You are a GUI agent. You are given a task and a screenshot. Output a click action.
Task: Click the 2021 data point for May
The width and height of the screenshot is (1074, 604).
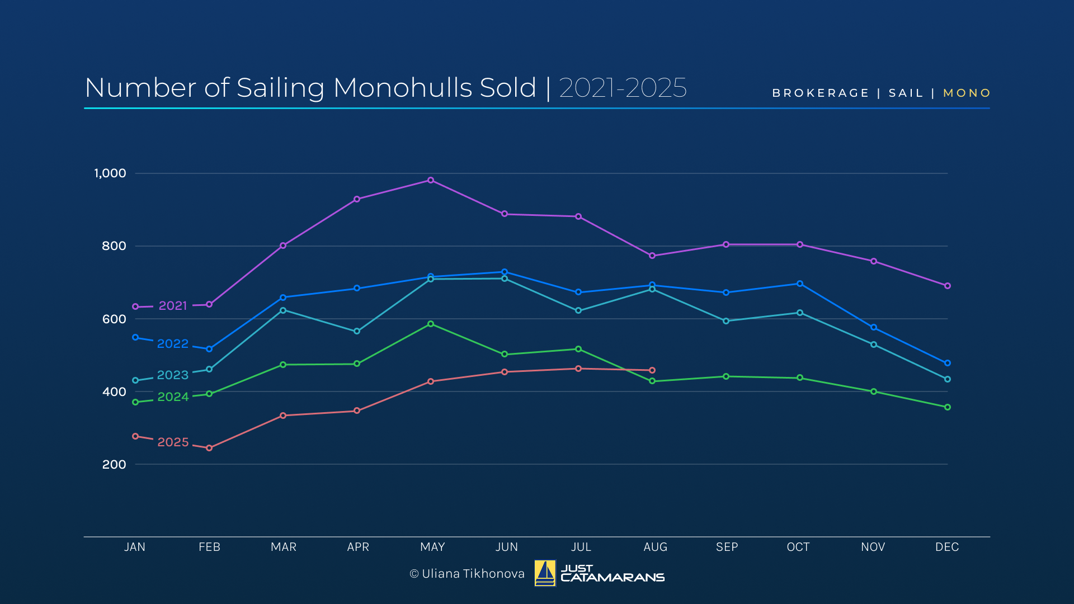pyautogui.click(x=431, y=180)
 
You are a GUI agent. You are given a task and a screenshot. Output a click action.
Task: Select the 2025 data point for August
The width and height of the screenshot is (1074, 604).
pyautogui.click(x=652, y=370)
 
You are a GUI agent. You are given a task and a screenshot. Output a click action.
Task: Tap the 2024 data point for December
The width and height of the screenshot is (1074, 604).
pyautogui.click(x=948, y=407)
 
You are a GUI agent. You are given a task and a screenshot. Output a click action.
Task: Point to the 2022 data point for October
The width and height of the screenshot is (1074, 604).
pyautogui.click(x=800, y=284)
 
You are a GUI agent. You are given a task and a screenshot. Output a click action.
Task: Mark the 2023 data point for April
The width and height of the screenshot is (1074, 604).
pyautogui.click(x=357, y=332)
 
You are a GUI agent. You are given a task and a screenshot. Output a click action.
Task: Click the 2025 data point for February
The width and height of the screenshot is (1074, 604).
pyautogui.click(x=209, y=448)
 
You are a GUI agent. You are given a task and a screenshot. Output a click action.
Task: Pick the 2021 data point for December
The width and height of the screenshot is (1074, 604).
pyautogui.click(x=948, y=286)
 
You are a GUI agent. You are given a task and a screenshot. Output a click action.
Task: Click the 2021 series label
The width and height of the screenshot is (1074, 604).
pyautogui.click(x=173, y=306)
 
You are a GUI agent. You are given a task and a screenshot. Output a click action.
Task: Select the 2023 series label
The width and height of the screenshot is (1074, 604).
pyautogui.click(x=173, y=375)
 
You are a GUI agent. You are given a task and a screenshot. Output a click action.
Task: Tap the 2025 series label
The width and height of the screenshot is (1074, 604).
pyautogui.click(x=173, y=442)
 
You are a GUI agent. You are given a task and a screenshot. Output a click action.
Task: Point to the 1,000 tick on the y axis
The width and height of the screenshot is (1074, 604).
pyautogui.click(x=110, y=173)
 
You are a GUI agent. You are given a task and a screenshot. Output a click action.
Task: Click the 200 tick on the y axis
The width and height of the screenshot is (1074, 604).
pyautogui.click(x=114, y=465)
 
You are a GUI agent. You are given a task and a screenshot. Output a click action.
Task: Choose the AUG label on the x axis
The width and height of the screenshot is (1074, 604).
pyautogui.click(x=655, y=547)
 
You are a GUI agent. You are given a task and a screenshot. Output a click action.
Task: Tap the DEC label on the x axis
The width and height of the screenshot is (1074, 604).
pyautogui.click(x=947, y=547)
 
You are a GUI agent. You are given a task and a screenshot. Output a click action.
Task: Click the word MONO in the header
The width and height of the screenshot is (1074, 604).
pyautogui.click(x=967, y=93)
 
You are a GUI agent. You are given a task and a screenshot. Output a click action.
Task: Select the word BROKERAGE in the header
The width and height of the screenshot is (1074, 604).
pyautogui.click(x=821, y=93)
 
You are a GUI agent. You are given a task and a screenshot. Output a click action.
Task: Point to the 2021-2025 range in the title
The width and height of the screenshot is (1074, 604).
pyautogui.click(x=623, y=88)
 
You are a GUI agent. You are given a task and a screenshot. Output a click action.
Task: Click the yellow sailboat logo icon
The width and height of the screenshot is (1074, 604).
pyautogui.click(x=545, y=573)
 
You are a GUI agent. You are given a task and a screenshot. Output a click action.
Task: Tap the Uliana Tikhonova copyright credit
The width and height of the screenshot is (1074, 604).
pyautogui.click(x=467, y=574)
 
